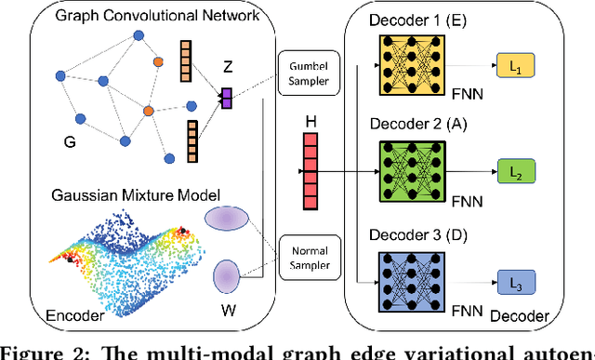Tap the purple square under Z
tap(226, 96)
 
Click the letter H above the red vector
tap(311, 121)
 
